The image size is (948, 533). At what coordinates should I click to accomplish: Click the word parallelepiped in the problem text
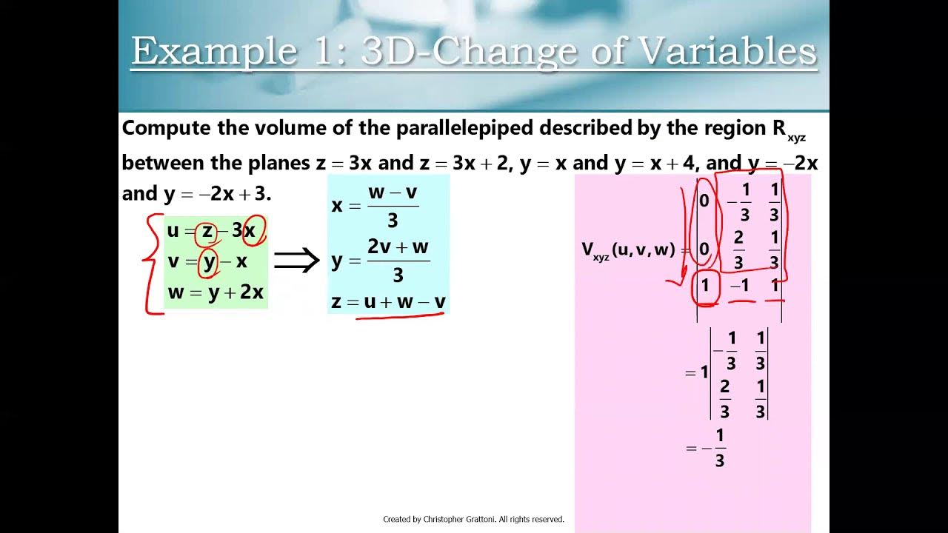464,128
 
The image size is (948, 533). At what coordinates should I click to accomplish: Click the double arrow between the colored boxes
296,261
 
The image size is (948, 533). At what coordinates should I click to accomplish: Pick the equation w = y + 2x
216,292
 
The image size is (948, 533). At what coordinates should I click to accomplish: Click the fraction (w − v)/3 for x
393,205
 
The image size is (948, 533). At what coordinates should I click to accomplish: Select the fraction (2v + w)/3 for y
398,260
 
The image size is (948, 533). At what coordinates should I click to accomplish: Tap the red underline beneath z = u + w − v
400,316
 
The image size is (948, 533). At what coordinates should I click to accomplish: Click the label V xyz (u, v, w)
628,249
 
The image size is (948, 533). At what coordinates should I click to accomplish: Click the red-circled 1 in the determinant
704,285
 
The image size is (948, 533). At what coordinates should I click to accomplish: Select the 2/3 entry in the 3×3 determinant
738,249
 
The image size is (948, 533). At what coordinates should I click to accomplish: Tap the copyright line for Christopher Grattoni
473,519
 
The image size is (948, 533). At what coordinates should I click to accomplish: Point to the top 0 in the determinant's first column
704,201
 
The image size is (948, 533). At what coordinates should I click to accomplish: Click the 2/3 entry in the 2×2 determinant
724,398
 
